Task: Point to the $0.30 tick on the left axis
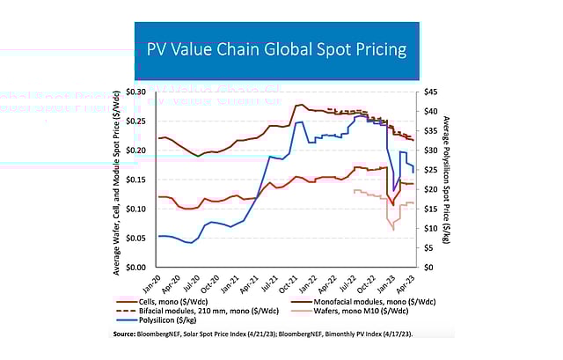coord(137,92)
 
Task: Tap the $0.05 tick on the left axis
coord(137,238)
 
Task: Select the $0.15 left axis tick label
coord(137,180)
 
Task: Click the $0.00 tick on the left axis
coord(137,267)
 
